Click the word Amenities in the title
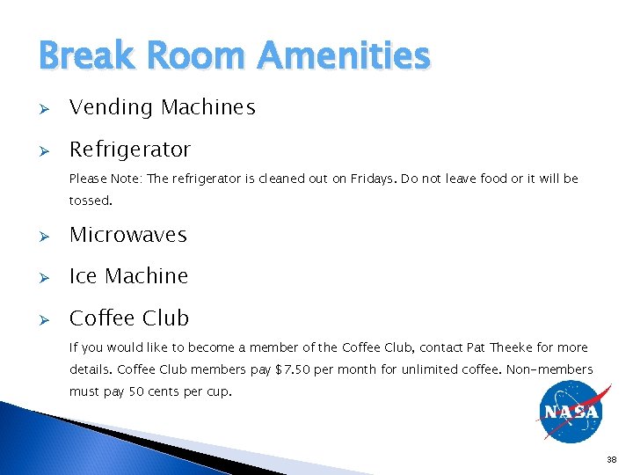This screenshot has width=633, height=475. tap(344, 57)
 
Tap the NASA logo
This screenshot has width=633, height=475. tap(571, 411)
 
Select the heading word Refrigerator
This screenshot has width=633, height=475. tap(130, 150)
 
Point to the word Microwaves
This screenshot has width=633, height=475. tap(128, 235)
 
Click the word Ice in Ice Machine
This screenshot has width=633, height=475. tap(84, 276)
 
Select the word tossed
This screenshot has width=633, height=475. tap(91, 201)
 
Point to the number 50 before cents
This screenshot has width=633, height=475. tap(138, 391)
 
